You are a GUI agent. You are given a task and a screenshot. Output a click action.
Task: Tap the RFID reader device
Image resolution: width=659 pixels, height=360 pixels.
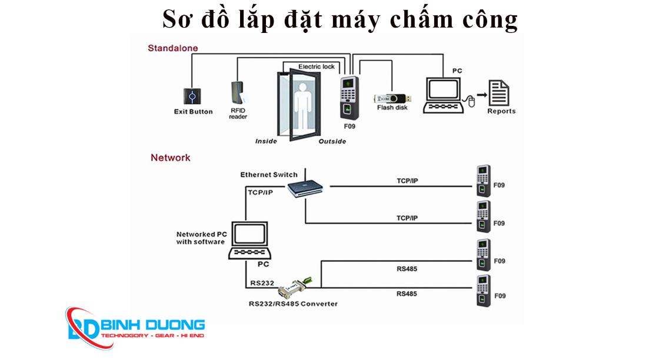[x=238, y=93]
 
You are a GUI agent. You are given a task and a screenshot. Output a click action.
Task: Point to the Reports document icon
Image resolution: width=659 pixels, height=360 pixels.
[x=500, y=93]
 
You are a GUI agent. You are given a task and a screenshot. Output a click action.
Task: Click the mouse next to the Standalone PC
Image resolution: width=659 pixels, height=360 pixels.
[x=471, y=102]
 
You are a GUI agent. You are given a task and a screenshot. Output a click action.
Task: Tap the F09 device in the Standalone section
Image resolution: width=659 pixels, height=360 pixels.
[x=349, y=99]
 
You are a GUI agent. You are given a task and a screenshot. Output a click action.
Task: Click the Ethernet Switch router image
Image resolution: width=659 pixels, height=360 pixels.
[x=305, y=188]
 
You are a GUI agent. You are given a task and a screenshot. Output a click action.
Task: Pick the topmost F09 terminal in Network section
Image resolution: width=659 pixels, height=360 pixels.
[x=483, y=181]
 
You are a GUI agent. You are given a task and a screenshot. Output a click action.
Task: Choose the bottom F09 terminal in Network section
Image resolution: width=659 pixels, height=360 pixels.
[x=483, y=290]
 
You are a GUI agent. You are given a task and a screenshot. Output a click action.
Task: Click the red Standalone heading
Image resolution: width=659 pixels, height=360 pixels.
[x=172, y=48]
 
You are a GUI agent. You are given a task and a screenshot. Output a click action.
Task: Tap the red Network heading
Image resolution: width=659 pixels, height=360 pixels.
[x=171, y=158]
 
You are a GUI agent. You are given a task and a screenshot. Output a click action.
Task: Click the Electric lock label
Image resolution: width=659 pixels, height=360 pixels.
[x=316, y=66]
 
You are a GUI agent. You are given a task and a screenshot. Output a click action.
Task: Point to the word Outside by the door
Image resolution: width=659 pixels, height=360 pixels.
[x=332, y=141]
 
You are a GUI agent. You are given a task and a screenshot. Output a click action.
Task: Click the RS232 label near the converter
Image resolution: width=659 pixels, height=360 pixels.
[x=262, y=283]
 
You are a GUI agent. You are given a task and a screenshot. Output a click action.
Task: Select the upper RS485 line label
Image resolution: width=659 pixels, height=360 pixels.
[x=407, y=270]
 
